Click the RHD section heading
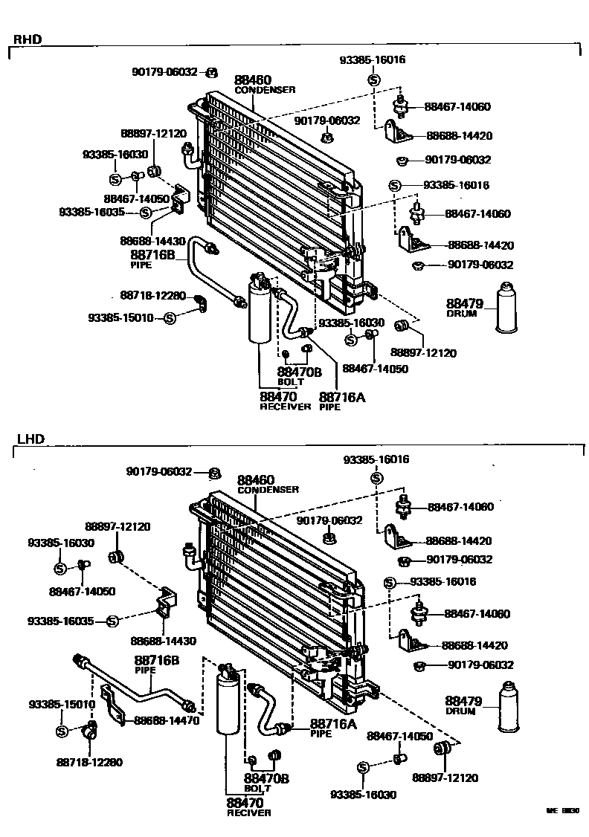click(27, 39)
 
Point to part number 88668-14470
click(167, 720)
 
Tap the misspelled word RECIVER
click(248, 812)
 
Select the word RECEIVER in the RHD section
click(285, 407)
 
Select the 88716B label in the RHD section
click(152, 254)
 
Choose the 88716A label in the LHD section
click(333, 723)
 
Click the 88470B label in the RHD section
click(299, 372)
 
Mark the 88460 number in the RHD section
click(253, 80)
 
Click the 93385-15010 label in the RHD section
click(120, 317)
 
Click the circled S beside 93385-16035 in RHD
click(146, 213)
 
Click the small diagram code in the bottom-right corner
click(562, 812)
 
